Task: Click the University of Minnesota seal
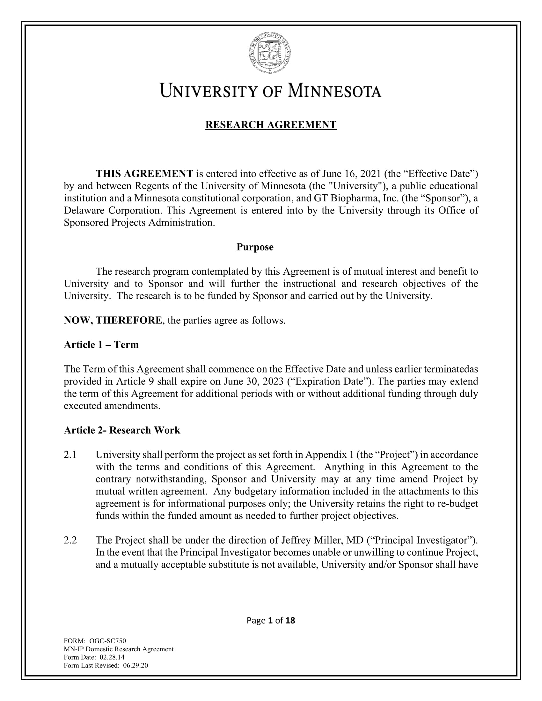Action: click(271, 53)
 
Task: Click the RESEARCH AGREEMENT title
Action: click(271, 125)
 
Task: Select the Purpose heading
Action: click(255, 247)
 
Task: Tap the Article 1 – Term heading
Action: click(101, 344)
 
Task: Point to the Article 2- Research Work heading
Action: click(122, 430)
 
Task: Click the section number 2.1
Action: click(70, 454)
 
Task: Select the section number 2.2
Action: click(70, 540)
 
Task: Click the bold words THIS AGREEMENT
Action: click(144, 174)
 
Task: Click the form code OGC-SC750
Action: click(107, 641)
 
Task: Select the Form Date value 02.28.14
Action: click(112, 657)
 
